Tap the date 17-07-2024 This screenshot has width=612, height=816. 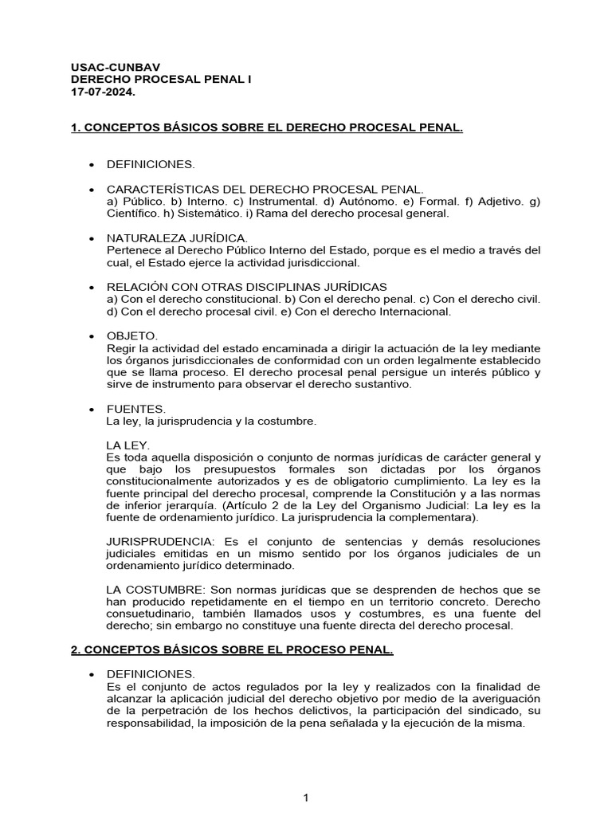104,92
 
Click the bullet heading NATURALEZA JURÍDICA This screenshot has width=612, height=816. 177,237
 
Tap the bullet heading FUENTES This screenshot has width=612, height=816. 136,408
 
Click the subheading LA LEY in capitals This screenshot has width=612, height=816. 127,445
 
